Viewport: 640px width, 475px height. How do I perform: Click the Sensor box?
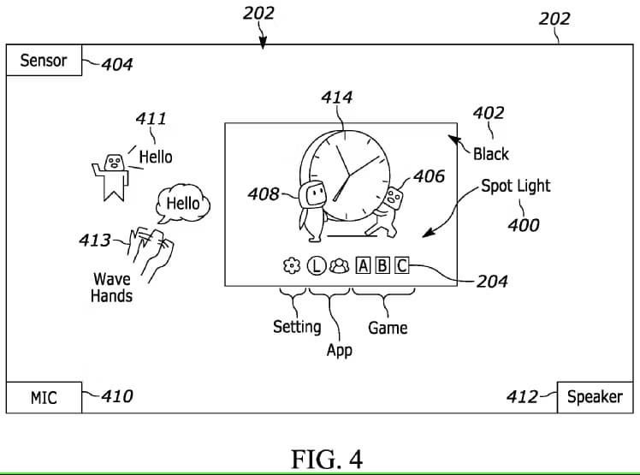(44, 60)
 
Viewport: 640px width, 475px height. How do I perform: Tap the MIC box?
(44, 397)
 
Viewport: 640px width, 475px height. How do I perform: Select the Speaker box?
(596, 397)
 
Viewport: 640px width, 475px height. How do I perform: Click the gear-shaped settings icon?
(292, 266)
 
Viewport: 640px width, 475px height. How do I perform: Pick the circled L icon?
(317, 266)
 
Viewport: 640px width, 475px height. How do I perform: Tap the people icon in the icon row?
(339, 266)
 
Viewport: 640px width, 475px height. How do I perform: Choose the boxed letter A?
(363, 266)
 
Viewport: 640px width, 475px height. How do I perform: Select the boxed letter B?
(382, 266)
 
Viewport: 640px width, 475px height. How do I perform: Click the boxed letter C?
(401, 266)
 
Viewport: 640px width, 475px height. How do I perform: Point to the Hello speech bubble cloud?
(183, 203)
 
